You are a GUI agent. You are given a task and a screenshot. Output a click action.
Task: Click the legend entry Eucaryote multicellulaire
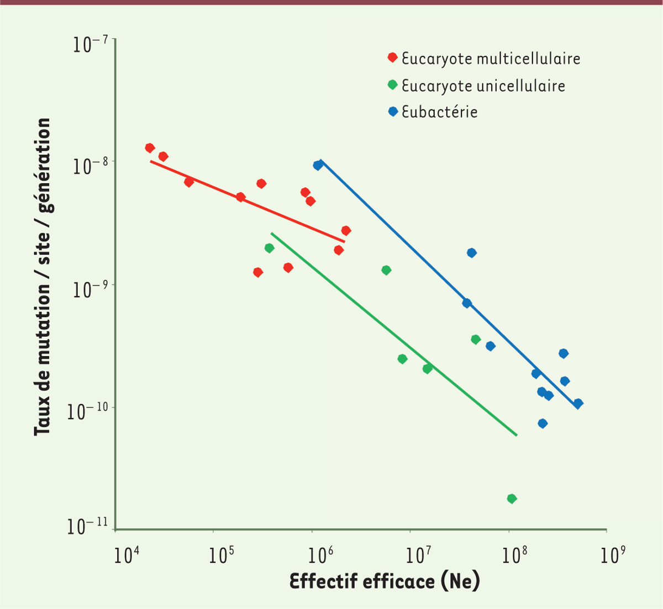click(x=491, y=59)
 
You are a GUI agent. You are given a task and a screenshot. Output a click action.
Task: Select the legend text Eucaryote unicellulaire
click(x=483, y=86)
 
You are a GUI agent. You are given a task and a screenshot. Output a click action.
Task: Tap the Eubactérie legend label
click(x=439, y=112)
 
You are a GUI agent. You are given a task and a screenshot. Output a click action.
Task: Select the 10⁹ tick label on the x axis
click(x=610, y=555)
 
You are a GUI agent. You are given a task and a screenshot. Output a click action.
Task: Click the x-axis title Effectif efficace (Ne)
click(x=385, y=581)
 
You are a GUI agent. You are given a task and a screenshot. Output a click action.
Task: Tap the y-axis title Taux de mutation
click(x=43, y=277)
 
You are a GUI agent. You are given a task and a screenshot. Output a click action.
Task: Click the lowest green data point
click(x=512, y=499)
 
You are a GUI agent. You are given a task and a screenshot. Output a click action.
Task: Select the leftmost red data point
click(x=150, y=148)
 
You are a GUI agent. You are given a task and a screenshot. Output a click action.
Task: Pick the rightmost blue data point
click(x=578, y=404)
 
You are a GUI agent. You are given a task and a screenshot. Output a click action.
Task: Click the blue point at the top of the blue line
click(x=318, y=165)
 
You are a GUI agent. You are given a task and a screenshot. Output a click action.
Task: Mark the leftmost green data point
click(x=269, y=248)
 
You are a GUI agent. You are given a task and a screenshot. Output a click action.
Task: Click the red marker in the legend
click(x=392, y=58)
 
